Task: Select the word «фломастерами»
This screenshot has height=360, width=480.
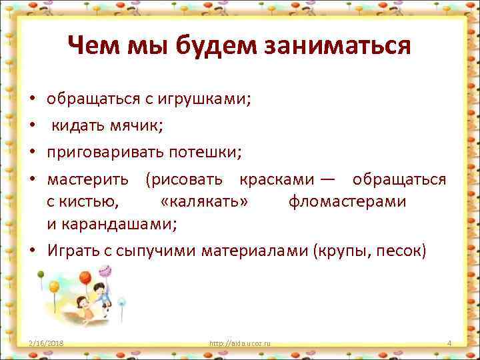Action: [x=347, y=201]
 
